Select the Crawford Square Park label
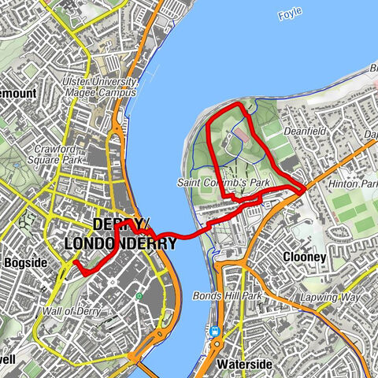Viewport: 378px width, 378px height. pos(58,152)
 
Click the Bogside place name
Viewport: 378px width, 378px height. pos(24,261)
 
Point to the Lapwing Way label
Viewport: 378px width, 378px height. pos(329,298)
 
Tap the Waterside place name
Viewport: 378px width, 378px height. pos(245,365)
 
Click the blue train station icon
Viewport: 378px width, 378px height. pos(214,332)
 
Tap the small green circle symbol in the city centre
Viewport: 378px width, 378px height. pos(139,296)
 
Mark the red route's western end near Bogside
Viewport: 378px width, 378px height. pos(76,265)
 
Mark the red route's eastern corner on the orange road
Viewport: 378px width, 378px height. pos(303,190)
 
